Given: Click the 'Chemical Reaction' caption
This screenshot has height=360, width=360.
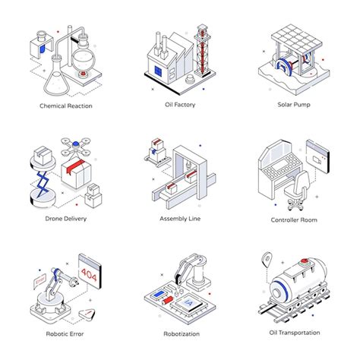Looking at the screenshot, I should coord(65,106).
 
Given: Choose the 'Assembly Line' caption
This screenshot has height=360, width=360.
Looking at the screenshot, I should coord(179,219).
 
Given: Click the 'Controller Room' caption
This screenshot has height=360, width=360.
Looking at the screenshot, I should coord(294,219).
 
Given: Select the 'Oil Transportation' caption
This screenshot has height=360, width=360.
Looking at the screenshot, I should coord(294,332).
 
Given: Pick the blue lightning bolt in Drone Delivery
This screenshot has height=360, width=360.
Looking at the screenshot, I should coord(41,182).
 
